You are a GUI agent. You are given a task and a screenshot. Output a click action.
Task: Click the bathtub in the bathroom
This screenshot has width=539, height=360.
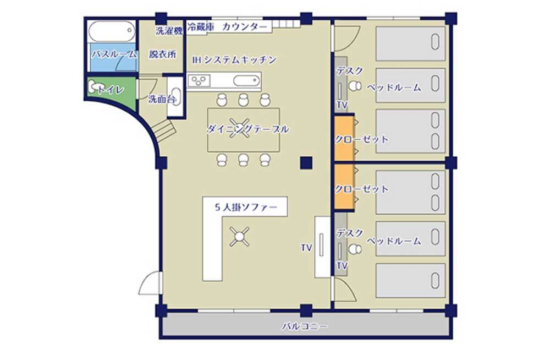click(111, 31)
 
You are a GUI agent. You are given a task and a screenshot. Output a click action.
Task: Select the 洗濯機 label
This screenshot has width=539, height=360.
click(169, 31)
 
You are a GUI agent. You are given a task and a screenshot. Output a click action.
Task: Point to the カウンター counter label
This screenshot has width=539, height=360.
click(244, 27)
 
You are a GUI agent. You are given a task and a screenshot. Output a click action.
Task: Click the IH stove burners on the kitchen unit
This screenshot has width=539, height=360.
click(200, 81)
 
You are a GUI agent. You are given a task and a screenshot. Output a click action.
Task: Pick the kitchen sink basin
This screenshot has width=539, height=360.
click(247, 81)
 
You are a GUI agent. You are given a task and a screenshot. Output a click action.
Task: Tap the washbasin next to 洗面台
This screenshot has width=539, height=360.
click(176, 97)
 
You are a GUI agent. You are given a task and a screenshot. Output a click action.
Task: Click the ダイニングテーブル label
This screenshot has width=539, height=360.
click(248, 129)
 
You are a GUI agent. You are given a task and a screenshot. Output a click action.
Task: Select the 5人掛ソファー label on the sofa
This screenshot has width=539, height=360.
click(246, 208)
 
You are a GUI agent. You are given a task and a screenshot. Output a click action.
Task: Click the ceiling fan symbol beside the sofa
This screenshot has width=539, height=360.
click(239, 237)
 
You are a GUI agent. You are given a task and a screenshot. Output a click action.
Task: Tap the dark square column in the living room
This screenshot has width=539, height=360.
click(306, 162)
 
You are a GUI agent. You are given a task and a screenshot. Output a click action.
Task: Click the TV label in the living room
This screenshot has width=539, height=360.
click(306, 248)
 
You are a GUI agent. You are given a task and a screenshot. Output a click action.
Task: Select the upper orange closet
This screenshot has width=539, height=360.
click(344, 139)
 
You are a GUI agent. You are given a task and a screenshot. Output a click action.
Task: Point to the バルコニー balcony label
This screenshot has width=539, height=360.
click(305, 326)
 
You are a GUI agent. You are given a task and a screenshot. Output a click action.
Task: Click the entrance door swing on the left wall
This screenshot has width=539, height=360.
click(151, 283)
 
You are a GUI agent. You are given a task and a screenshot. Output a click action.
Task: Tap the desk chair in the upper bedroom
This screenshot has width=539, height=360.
click(355, 86)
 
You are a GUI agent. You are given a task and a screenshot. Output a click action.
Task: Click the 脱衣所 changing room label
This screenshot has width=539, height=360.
click(162, 54)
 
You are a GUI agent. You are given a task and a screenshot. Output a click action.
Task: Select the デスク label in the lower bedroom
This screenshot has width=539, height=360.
click(350, 233)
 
